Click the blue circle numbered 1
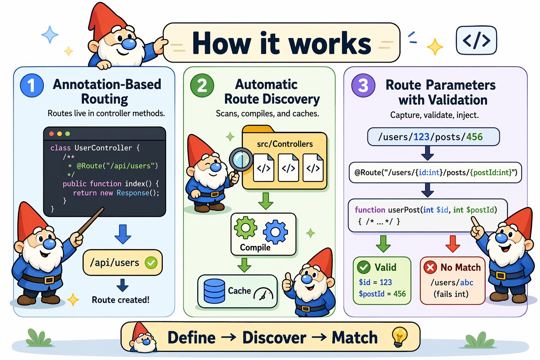[x=32, y=85]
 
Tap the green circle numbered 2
[x=202, y=85]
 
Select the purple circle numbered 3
[x=363, y=85]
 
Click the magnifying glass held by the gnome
[x=241, y=159]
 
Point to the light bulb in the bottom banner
[x=400, y=336]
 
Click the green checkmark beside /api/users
[x=151, y=263]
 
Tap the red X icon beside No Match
[x=430, y=268]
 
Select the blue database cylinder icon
[x=214, y=291]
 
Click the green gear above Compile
[x=245, y=227]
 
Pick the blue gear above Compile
[x=275, y=232]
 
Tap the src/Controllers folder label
[x=285, y=144]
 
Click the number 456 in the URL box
[x=474, y=137]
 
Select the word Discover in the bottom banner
[x=274, y=338]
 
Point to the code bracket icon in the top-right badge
[x=476, y=40]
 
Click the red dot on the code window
[x=51, y=134]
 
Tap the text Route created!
[x=121, y=300]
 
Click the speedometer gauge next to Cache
[x=263, y=294]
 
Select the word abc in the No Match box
[x=467, y=282]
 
